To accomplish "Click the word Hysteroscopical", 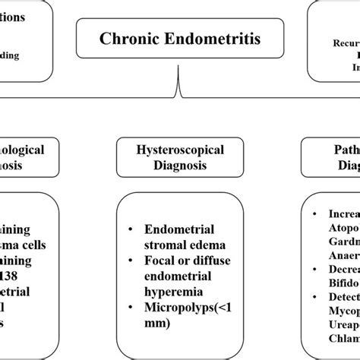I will click(179, 150).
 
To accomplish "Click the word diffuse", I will click(215, 261).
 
